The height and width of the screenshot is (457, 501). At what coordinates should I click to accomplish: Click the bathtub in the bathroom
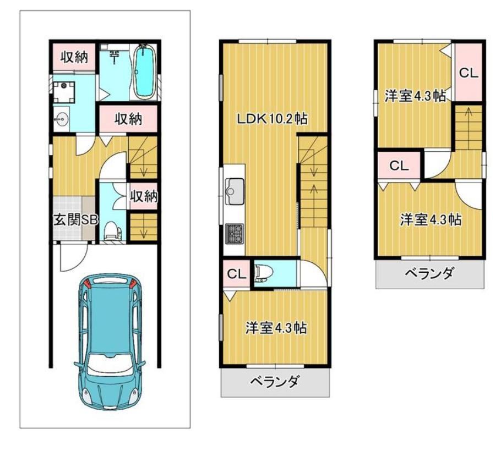click(143, 71)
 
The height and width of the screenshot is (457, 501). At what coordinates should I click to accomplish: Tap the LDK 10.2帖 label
click(272, 119)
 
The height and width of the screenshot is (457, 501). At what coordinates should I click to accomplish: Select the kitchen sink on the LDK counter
click(235, 191)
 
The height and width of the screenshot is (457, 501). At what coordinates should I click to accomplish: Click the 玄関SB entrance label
click(75, 219)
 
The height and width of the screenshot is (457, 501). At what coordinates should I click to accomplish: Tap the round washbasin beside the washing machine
click(61, 120)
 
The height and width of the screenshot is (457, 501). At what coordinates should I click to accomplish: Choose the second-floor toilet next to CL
click(264, 273)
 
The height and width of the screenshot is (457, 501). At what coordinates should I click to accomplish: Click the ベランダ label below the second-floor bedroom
click(275, 381)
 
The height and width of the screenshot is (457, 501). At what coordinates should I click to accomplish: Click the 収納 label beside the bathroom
click(74, 57)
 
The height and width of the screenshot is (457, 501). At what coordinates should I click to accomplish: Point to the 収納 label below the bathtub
click(128, 119)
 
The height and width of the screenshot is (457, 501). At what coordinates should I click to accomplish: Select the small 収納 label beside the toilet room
click(144, 196)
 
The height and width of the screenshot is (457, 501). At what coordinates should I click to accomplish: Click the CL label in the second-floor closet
click(236, 274)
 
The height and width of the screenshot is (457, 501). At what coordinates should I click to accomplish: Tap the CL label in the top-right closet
click(469, 73)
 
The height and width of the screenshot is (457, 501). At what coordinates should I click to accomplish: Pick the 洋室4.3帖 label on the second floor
click(276, 328)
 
